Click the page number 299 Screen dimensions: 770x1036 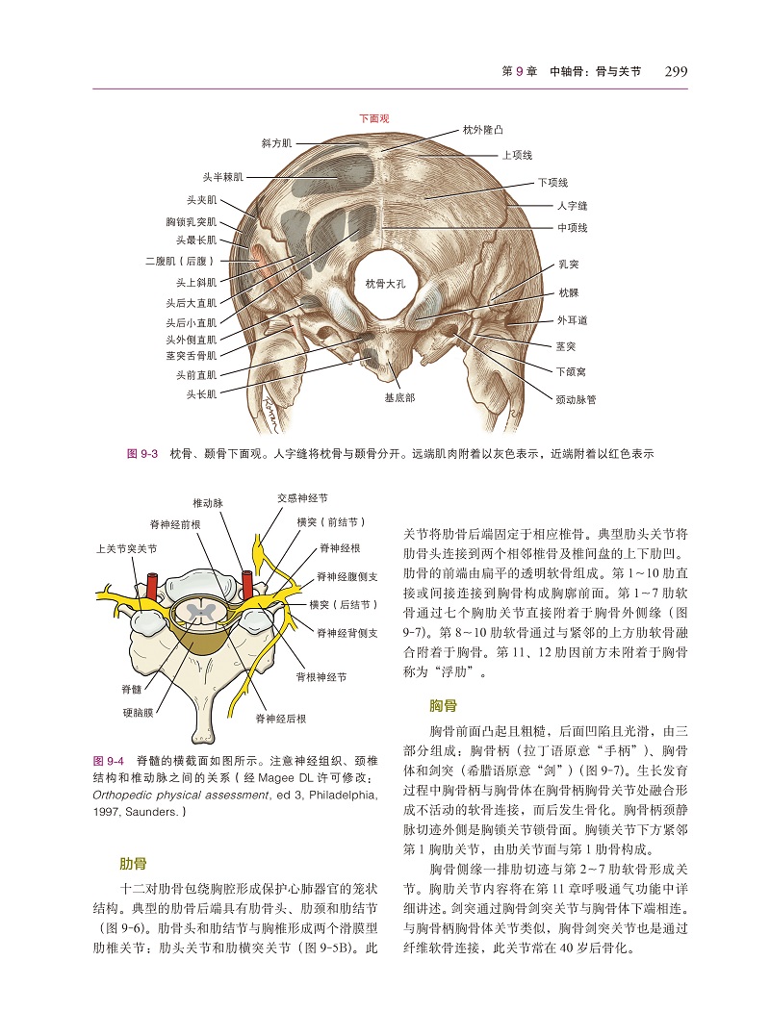(676, 71)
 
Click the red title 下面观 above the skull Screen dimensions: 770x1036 (374, 118)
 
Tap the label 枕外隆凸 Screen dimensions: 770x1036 (482, 130)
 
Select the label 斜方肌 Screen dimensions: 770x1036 (276, 142)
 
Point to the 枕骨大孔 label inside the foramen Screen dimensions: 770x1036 (385, 284)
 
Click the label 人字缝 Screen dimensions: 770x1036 (572, 206)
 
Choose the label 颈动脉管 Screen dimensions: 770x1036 (576, 399)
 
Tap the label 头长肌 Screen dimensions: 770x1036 (201, 393)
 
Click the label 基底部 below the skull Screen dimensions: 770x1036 (399, 397)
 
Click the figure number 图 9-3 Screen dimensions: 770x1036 (142, 454)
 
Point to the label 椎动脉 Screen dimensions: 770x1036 (208, 503)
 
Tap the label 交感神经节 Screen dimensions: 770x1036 (302, 497)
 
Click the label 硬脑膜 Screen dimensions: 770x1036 (139, 712)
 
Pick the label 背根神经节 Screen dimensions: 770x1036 (321, 676)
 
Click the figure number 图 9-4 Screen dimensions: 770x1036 (109, 761)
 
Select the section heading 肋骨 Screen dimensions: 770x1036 (133, 864)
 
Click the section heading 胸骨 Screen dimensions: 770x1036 (443, 706)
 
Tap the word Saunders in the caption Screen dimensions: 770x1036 (152, 811)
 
